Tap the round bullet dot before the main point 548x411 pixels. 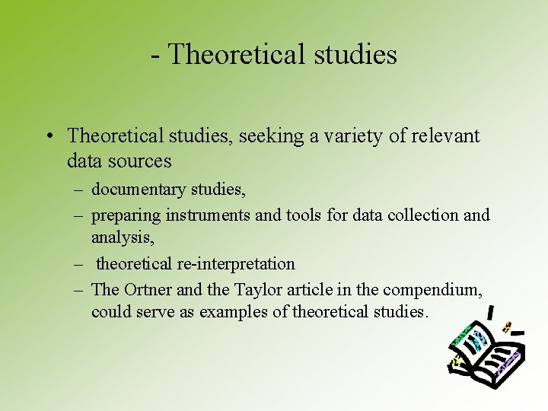(48, 136)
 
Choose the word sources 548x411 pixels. (142, 161)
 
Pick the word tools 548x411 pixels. (304, 215)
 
